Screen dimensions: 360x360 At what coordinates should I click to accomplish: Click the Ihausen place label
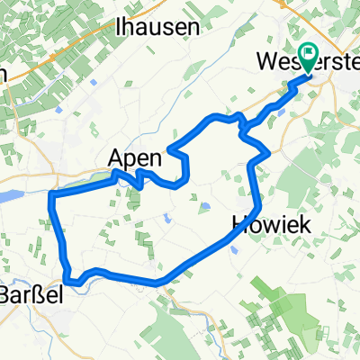(x=157, y=27)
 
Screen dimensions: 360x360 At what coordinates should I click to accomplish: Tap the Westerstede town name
(x=296, y=63)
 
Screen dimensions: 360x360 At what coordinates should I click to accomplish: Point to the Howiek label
(x=271, y=225)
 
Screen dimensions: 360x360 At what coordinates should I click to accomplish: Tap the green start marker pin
(x=310, y=58)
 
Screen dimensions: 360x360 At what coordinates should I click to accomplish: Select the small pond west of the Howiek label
(x=206, y=206)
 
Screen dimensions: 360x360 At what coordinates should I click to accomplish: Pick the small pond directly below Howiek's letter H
(x=236, y=251)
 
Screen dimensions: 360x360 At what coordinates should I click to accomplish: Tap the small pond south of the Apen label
(x=167, y=217)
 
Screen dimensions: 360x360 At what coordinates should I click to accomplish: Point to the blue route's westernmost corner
(x=52, y=195)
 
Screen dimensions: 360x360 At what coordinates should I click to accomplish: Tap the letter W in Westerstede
(x=266, y=63)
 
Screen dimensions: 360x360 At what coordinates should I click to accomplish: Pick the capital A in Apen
(x=118, y=157)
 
